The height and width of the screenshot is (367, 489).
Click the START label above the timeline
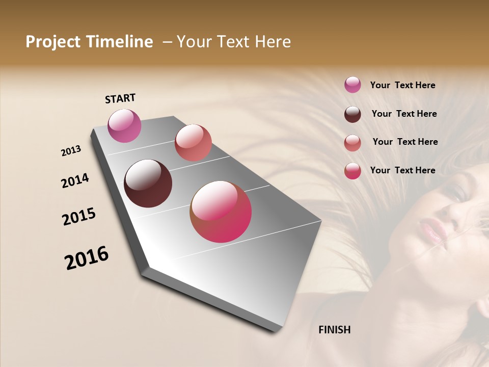(120, 98)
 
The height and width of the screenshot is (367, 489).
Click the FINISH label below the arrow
(334, 330)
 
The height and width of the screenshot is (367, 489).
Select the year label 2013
(71, 151)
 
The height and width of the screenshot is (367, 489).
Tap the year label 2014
(75, 180)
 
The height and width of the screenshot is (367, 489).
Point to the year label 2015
(79, 217)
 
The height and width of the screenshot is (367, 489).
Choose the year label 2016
(87, 257)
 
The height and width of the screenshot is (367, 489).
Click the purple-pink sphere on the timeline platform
(125, 125)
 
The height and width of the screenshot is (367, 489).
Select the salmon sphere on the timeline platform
(193, 143)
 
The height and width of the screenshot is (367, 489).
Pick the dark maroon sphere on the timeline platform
(148, 183)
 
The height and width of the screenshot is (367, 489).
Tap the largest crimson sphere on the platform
(221, 212)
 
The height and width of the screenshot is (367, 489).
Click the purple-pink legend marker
(352, 85)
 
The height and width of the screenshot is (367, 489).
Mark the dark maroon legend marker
(352, 114)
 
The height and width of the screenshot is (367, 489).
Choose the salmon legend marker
(352, 143)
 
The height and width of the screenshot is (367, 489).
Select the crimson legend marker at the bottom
(352, 171)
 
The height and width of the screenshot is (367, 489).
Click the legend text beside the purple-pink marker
(402, 85)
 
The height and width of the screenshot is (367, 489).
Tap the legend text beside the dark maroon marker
(404, 114)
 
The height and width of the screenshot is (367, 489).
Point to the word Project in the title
(53, 42)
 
